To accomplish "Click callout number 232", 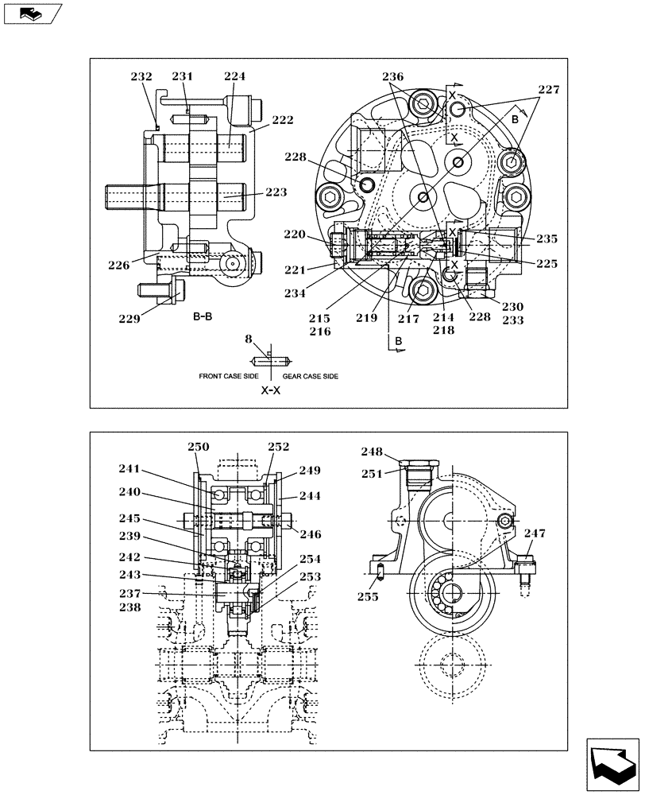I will click(141, 77).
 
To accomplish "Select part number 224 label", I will click(234, 77).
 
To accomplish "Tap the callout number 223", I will click(276, 192).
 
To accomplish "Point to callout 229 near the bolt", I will click(130, 319).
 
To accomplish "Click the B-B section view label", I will click(203, 316).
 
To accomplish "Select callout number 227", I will click(547, 90).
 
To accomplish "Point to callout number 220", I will click(295, 235).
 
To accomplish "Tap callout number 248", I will click(372, 452).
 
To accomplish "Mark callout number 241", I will click(129, 469).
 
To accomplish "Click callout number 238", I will click(129, 607).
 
